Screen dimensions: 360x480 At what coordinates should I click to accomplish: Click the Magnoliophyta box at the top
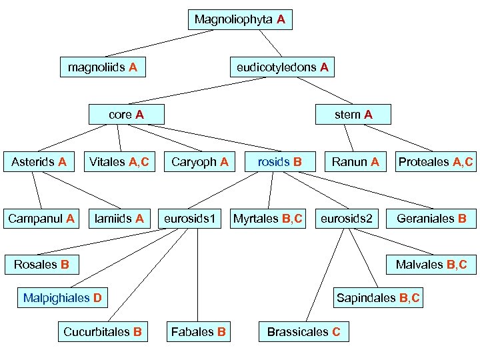pyautogui.click(x=240, y=20)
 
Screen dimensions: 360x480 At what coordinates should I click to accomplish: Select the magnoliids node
pyautogui.click(x=103, y=67)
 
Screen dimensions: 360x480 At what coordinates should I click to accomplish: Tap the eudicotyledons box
pyautogui.click(x=282, y=67)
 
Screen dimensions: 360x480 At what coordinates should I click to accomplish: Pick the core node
pyautogui.click(x=127, y=115)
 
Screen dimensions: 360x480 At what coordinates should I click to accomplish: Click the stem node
pyautogui.click(x=354, y=115)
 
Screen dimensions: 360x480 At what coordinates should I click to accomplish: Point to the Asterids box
pyautogui.click(x=39, y=161)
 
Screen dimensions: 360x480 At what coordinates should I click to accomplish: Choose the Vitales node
pyautogui.click(x=119, y=161)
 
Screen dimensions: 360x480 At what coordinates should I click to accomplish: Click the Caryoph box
pyautogui.click(x=200, y=161)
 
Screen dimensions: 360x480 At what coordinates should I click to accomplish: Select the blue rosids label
pyautogui.click(x=274, y=162)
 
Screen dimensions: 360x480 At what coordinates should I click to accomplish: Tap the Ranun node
pyautogui.click(x=355, y=161)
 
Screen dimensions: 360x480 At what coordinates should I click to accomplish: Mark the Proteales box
pyautogui.click(x=435, y=161)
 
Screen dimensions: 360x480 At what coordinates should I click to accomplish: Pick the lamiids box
pyautogui.click(x=119, y=218)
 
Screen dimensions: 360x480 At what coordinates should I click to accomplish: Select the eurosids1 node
pyautogui.click(x=192, y=218)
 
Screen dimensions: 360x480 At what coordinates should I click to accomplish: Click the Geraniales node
pyautogui.click(x=431, y=218)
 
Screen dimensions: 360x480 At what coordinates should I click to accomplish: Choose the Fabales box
pyautogui.click(x=199, y=331)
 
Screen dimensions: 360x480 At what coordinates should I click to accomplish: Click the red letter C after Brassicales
pyautogui.click(x=336, y=331)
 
